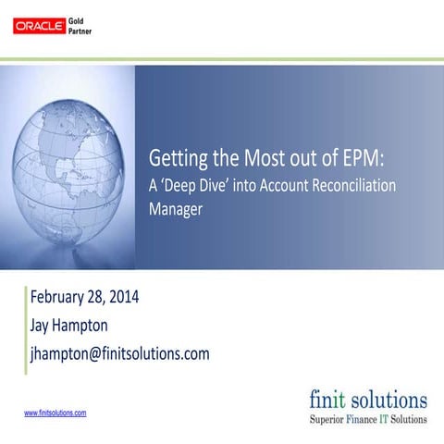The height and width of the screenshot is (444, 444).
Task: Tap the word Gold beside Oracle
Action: coord(80,19)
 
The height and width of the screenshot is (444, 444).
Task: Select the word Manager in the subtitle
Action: coord(176,210)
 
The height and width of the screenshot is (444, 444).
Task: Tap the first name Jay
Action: coord(43,326)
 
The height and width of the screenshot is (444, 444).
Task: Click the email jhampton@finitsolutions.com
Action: coord(120,353)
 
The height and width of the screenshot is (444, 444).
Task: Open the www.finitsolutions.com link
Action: coord(55,413)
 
